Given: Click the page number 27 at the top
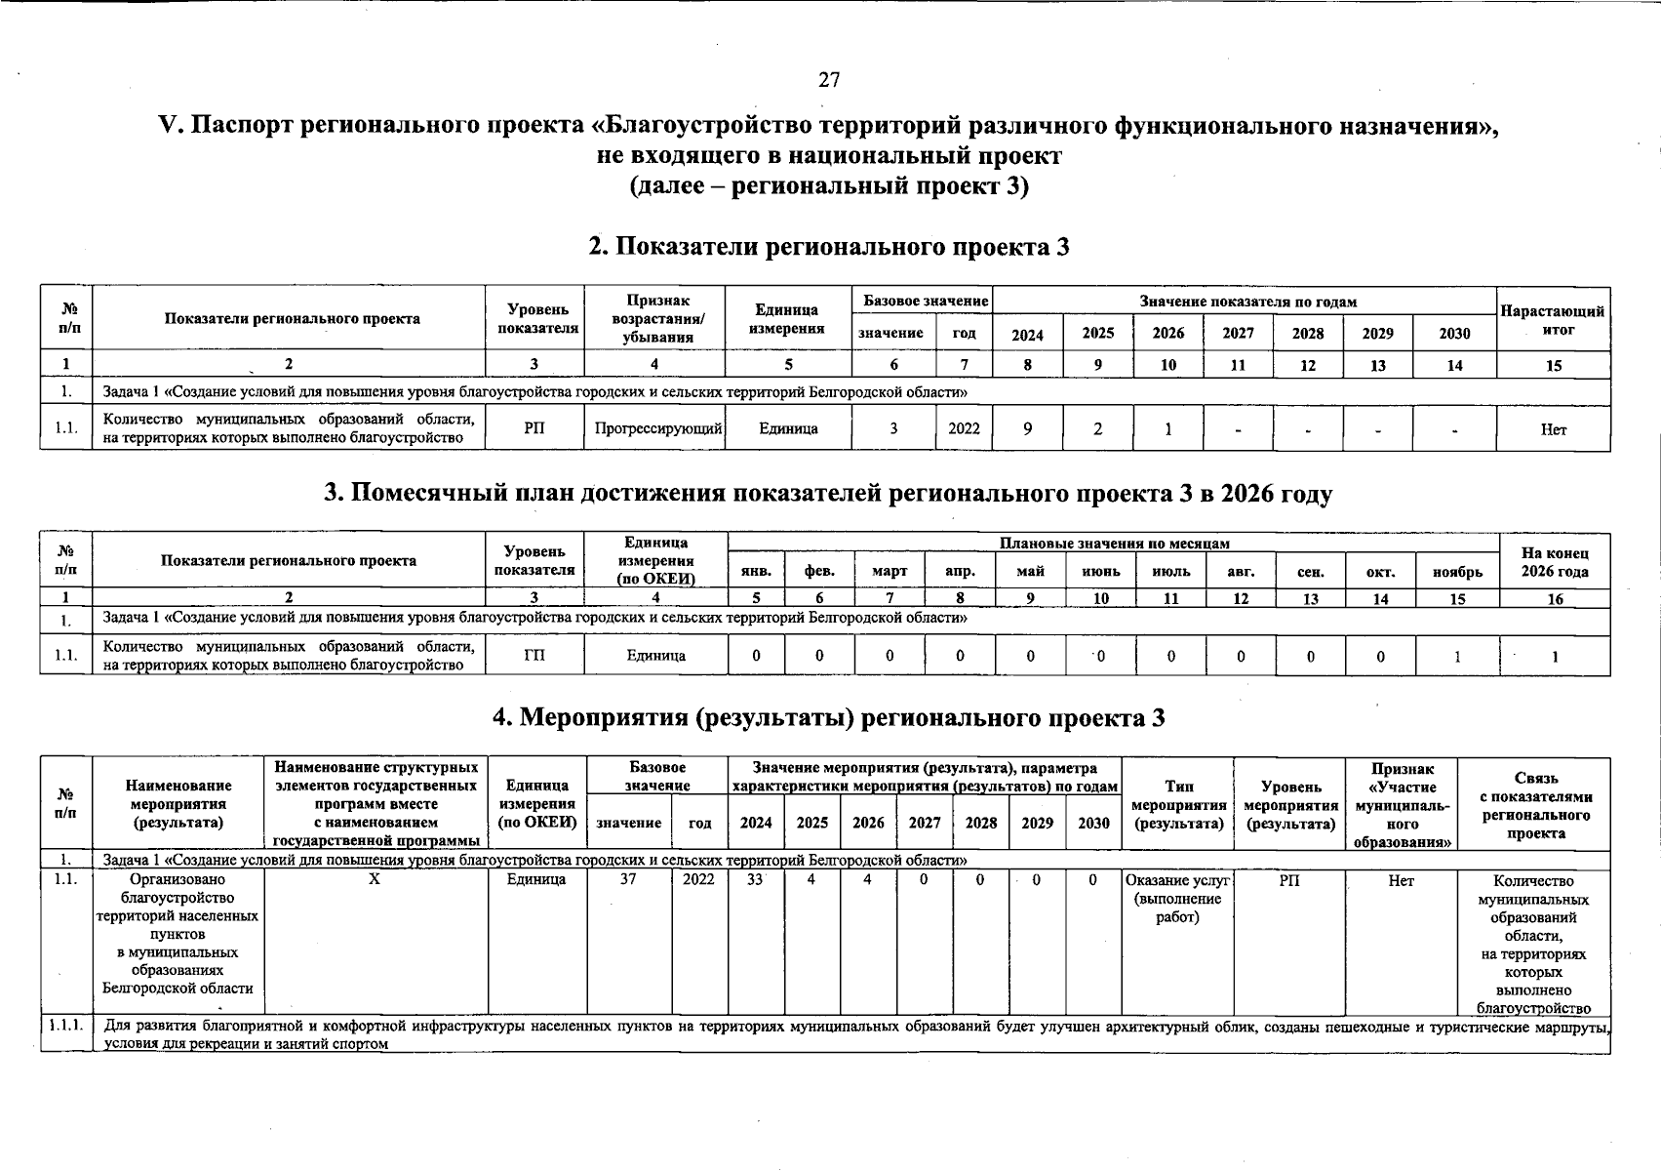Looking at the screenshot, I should click(x=829, y=80).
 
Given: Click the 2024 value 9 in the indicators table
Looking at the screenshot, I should click(x=1027, y=428).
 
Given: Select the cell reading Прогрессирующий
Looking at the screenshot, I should click(x=654, y=428).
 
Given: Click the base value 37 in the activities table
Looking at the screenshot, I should click(x=628, y=880).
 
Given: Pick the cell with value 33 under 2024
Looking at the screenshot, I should click(x=755, y=880).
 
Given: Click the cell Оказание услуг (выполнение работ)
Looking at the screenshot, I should click(x=1177, y=899).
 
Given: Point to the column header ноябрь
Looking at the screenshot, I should click(x=1457, y=572).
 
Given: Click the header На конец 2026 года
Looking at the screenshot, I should click(x=1555, y=562).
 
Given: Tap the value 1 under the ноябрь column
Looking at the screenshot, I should click(x=1457, y=657).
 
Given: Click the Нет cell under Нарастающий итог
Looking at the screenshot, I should click(x=1553, y=429).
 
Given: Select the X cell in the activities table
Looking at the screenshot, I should click(x=375, y=880).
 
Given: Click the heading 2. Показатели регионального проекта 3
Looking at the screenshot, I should click(x=829, y=247).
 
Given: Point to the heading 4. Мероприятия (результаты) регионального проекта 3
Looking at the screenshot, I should click(x=829, y=718).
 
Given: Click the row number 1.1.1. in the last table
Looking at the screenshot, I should click(x=66, y=1026).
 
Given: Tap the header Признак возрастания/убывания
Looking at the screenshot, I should click(x=654, y=318).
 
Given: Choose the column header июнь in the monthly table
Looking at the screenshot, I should click(x=1100, y=572).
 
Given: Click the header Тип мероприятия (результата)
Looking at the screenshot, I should click(x=1177, y=805).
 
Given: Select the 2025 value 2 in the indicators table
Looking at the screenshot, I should click(x=1097, y=428).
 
